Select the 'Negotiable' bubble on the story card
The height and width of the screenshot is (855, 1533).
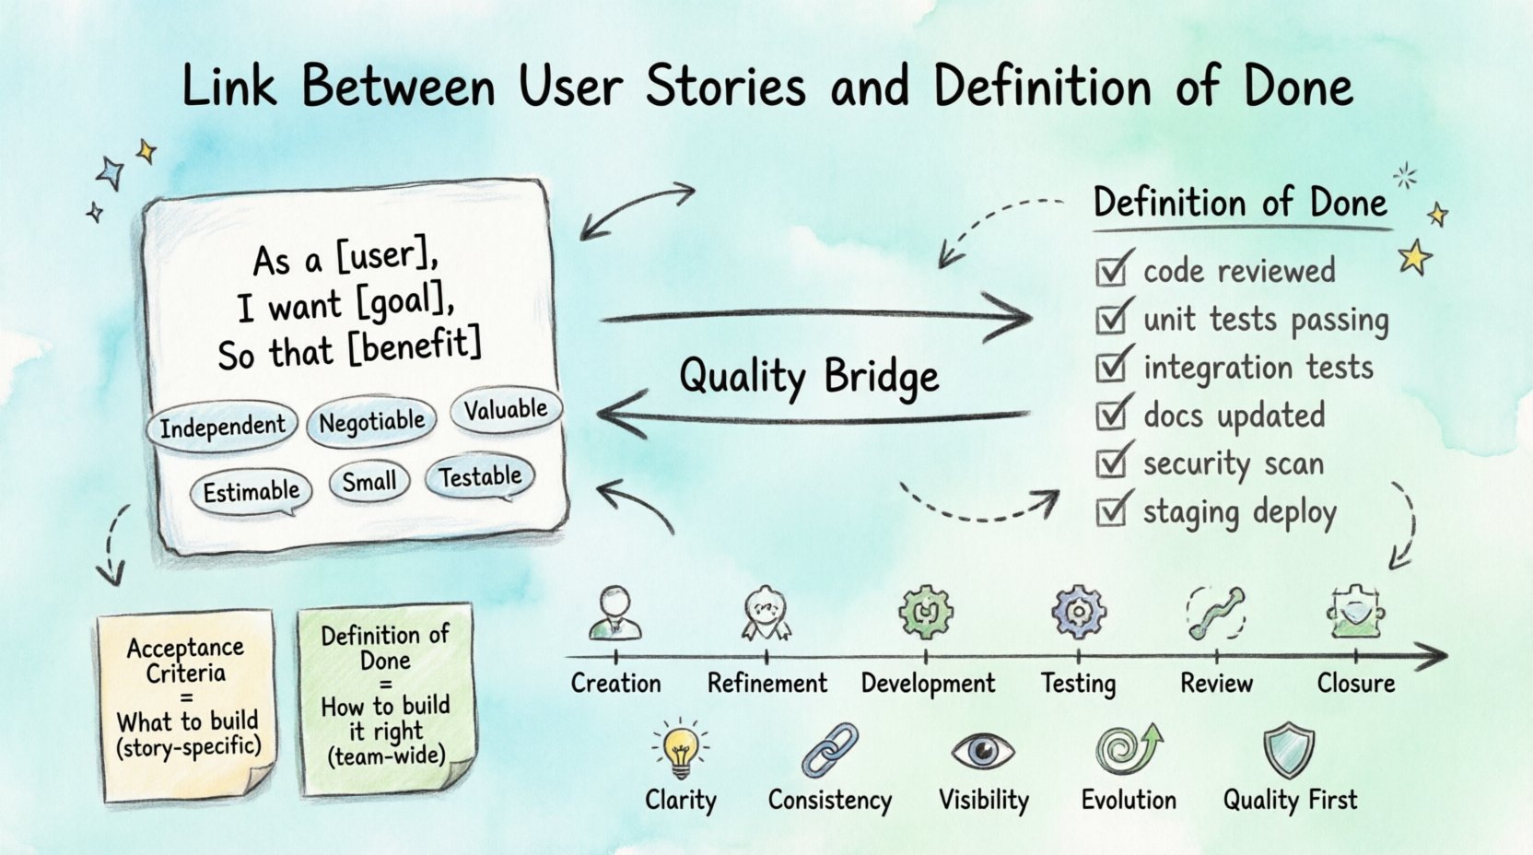(x=371, y=423)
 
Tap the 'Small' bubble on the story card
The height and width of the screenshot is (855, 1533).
(x=369, y=482)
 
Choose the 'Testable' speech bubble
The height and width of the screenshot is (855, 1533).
(x=479, y=477)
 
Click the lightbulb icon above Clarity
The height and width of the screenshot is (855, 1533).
(x=680, y=749)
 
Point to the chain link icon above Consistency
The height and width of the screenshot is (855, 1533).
(x=829, y=750)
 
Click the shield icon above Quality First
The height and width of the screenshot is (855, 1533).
(x=1288, y=750)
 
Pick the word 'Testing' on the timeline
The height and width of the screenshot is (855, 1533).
(x=1078, y=684)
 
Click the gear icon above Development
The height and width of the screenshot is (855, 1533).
(x=925, y=612)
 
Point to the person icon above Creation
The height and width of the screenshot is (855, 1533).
(x=614, y=612)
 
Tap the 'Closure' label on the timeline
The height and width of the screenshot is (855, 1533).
(x=1355, y=684)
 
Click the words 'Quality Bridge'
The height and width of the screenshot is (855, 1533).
(x=809, y=376)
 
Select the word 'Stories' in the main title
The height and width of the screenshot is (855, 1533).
(x=725, y=87)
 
